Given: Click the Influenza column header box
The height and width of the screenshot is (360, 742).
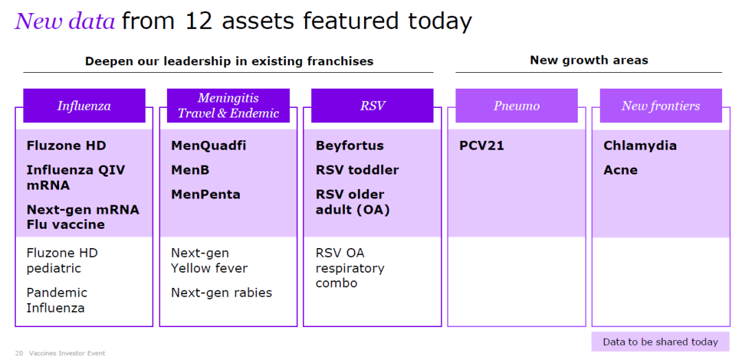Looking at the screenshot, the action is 85,106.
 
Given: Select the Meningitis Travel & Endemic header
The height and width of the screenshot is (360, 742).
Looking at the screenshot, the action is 228,106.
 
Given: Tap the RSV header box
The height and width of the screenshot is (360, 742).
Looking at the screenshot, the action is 372,106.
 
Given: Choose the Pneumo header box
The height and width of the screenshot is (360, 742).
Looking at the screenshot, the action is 516,106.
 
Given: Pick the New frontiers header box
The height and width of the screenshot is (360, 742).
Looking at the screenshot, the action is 661,106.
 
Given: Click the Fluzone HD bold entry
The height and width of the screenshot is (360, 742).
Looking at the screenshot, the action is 66,146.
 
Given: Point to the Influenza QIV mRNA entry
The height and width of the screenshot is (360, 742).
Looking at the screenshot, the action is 76,177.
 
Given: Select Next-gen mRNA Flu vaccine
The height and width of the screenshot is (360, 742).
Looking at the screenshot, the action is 83,216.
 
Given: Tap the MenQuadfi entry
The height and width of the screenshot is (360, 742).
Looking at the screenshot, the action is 209,146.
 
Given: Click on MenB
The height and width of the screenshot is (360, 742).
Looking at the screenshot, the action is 190,170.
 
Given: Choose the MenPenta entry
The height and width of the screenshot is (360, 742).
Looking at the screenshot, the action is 206,194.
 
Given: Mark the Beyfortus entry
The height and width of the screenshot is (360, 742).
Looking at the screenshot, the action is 350,146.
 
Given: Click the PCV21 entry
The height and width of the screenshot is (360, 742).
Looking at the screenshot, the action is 482,146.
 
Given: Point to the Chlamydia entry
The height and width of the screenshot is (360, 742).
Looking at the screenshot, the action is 640,146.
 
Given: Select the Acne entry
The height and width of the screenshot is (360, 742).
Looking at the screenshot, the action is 620,170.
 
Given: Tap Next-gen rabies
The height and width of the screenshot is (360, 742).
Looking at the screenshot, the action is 221,293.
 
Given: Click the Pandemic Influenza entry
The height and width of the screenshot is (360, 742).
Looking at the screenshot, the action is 57,300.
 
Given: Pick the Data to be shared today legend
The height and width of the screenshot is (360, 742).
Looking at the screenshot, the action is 660,342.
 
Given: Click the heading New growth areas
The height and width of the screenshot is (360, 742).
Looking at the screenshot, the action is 589,60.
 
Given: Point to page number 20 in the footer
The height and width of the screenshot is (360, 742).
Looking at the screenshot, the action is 19,353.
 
